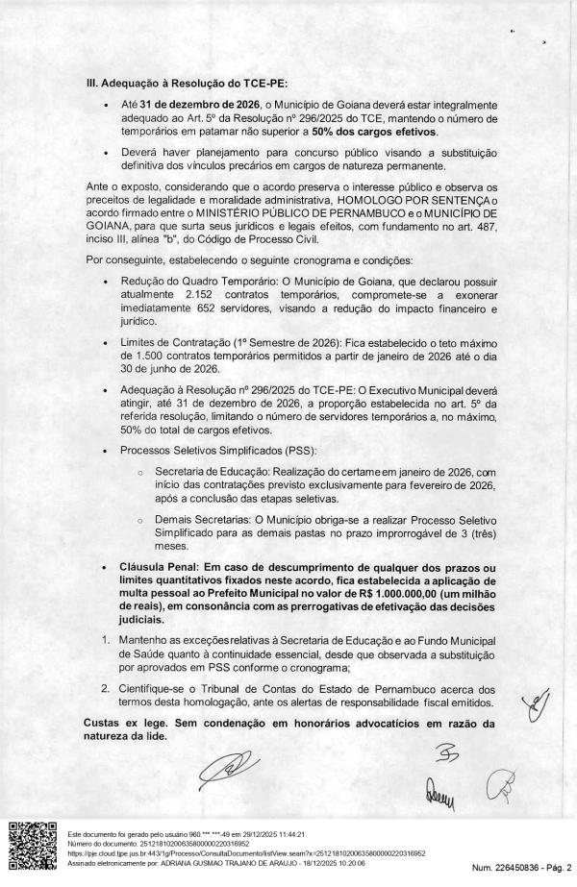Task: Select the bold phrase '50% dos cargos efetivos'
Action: click(380, 131)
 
